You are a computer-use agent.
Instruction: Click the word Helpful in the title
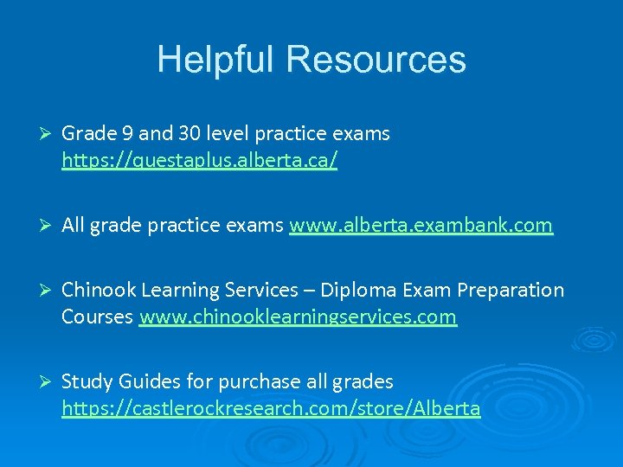coord(216,60)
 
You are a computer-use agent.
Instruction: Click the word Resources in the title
coord(376,60)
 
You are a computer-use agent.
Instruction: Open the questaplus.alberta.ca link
coord(199,160)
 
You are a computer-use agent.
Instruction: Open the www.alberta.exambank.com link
coord(421,226)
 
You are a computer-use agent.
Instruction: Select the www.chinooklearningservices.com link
coord(298,317)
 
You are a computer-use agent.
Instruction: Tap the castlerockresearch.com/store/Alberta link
coord(271,409)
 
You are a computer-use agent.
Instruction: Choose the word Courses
coord(97,317)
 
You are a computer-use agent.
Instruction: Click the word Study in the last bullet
coord(87,381)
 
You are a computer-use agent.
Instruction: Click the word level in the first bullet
coord(231,134)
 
